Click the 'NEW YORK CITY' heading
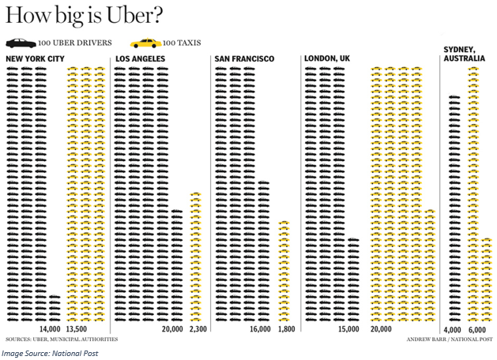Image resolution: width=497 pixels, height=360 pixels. tap(35, 59)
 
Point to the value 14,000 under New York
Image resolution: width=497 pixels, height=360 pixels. tap(49, 328)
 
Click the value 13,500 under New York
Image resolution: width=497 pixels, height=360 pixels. tap(77, 328)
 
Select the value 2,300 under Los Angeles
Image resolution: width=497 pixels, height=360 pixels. tap(198, 328)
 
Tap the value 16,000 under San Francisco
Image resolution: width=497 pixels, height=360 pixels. tap(260, 328)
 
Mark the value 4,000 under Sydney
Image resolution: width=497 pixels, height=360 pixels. tap(453, 328)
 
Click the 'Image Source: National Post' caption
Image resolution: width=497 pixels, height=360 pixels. tap(49, 353)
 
